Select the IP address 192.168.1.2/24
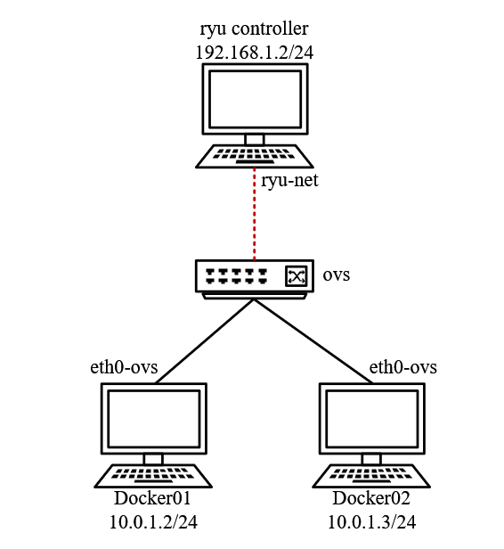click(254, 53)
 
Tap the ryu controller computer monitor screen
click(255, 99)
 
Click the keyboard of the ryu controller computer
click(255, 157)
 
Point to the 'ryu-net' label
click(289, 181)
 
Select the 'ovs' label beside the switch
click(336, 274)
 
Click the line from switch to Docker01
click(205, 341)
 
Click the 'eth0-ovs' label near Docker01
click(124, 367)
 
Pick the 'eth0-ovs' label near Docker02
click(402, 367)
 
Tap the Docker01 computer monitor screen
click(154, 419)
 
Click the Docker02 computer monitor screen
click(371, 419)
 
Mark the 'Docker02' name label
click(371, 498)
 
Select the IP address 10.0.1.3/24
click(371, 522)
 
